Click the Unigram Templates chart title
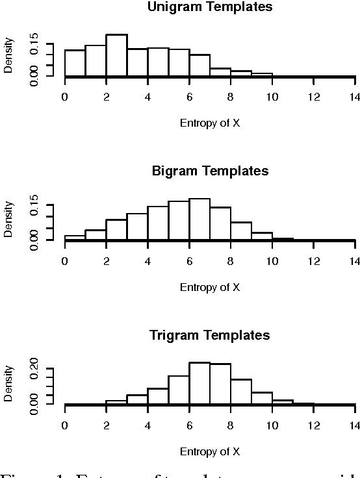(x=210, y=7)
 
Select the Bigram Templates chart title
(x=210, y=171)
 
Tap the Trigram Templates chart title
(x=210, y=336)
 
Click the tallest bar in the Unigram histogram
(x=116, y=55)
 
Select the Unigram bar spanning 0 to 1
(x=75, y=63)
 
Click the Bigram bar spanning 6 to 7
(x=199, y=220)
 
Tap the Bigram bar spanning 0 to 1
(x=75, y=238)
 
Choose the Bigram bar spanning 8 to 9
(x=241, y=231)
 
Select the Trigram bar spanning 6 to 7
(x=199, y=383)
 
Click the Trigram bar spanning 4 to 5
(x=158, y=396)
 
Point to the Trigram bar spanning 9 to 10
(x=262, y=398)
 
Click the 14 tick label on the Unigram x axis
(x=355, y=97)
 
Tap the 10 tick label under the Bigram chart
(x=272, y=261)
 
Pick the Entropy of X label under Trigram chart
(x=210, y=451)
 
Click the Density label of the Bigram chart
(x=9, y=218)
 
